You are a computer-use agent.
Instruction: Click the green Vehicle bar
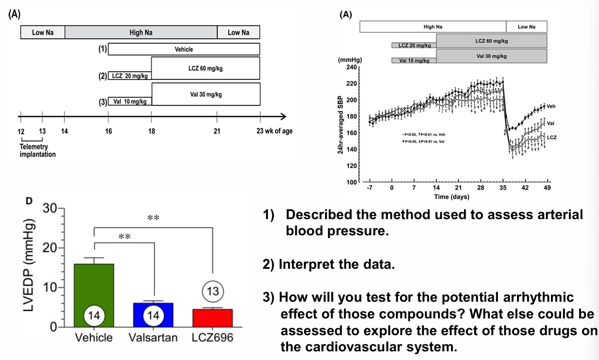(94, 295)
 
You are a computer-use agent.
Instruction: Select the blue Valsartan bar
(154, 314)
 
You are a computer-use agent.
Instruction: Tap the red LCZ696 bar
(212, 317)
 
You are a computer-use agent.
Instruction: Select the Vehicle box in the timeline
(184, 49)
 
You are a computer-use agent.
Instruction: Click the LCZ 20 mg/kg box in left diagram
(130, 76)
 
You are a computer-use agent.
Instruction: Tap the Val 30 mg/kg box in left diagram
(206, 94)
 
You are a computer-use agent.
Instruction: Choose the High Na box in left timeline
(141, 32)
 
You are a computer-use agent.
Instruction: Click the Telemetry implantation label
(38, 151)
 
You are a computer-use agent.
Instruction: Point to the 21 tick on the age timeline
(217, 131)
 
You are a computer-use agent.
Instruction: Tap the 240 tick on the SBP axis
(352, 67)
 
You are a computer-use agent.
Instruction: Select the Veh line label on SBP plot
(551, 106)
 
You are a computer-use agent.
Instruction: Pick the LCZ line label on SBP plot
(551, 138)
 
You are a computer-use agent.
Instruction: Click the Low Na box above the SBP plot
(526, 26)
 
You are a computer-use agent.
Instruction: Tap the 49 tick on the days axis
(547, 188)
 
